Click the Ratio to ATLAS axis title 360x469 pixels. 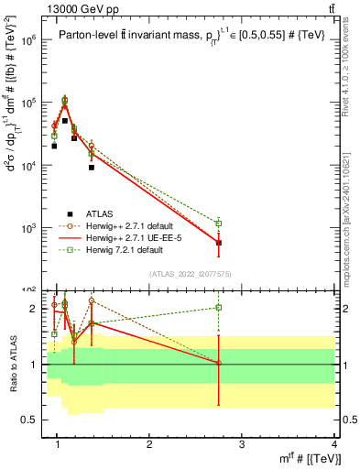[x=13, y=365]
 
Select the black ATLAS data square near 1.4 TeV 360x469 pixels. [x=92, y=168]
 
